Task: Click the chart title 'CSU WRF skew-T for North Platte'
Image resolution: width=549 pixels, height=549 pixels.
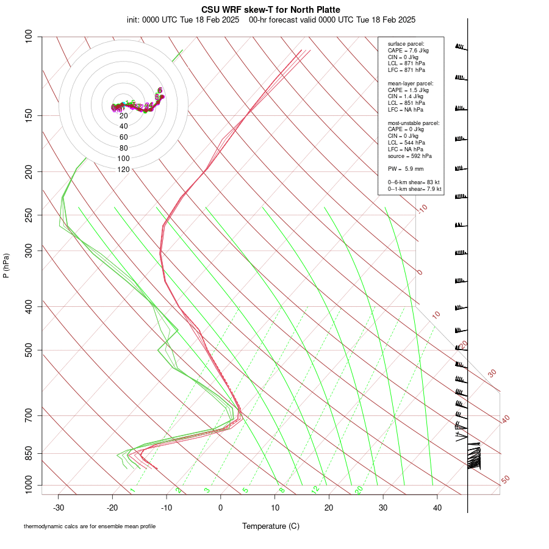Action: [x=271, y=10]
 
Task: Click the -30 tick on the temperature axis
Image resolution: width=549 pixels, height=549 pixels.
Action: [x=59, y=507]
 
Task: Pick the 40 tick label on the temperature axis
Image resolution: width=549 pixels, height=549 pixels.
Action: [x=437, y=507]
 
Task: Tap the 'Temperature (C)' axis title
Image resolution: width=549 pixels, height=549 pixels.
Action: [x=271, y=526]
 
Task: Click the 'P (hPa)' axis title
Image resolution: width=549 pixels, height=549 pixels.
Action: [x=6, y=266]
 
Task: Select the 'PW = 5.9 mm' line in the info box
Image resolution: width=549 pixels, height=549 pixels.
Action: [x=406, y=168]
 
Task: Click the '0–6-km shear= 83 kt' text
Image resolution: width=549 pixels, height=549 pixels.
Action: [x=414, y=182]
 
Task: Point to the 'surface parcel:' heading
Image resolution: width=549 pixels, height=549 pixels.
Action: [x=406, y=44]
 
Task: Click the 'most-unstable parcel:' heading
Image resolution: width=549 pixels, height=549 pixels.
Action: [x=414, y=123]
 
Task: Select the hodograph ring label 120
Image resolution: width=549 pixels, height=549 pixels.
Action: [x=123, y=170]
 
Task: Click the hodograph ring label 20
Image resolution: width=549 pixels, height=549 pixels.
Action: [x=123, y=116]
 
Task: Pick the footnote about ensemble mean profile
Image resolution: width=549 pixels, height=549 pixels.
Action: [x=89, y=526]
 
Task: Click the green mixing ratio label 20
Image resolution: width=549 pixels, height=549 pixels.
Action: [x=359, y=490]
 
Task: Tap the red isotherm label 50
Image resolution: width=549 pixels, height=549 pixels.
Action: [x=505, y=480]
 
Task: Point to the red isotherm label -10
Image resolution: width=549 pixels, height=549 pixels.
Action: [x=423, y=209]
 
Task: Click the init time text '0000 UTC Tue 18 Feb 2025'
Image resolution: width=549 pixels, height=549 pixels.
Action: [x=183, y=20]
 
